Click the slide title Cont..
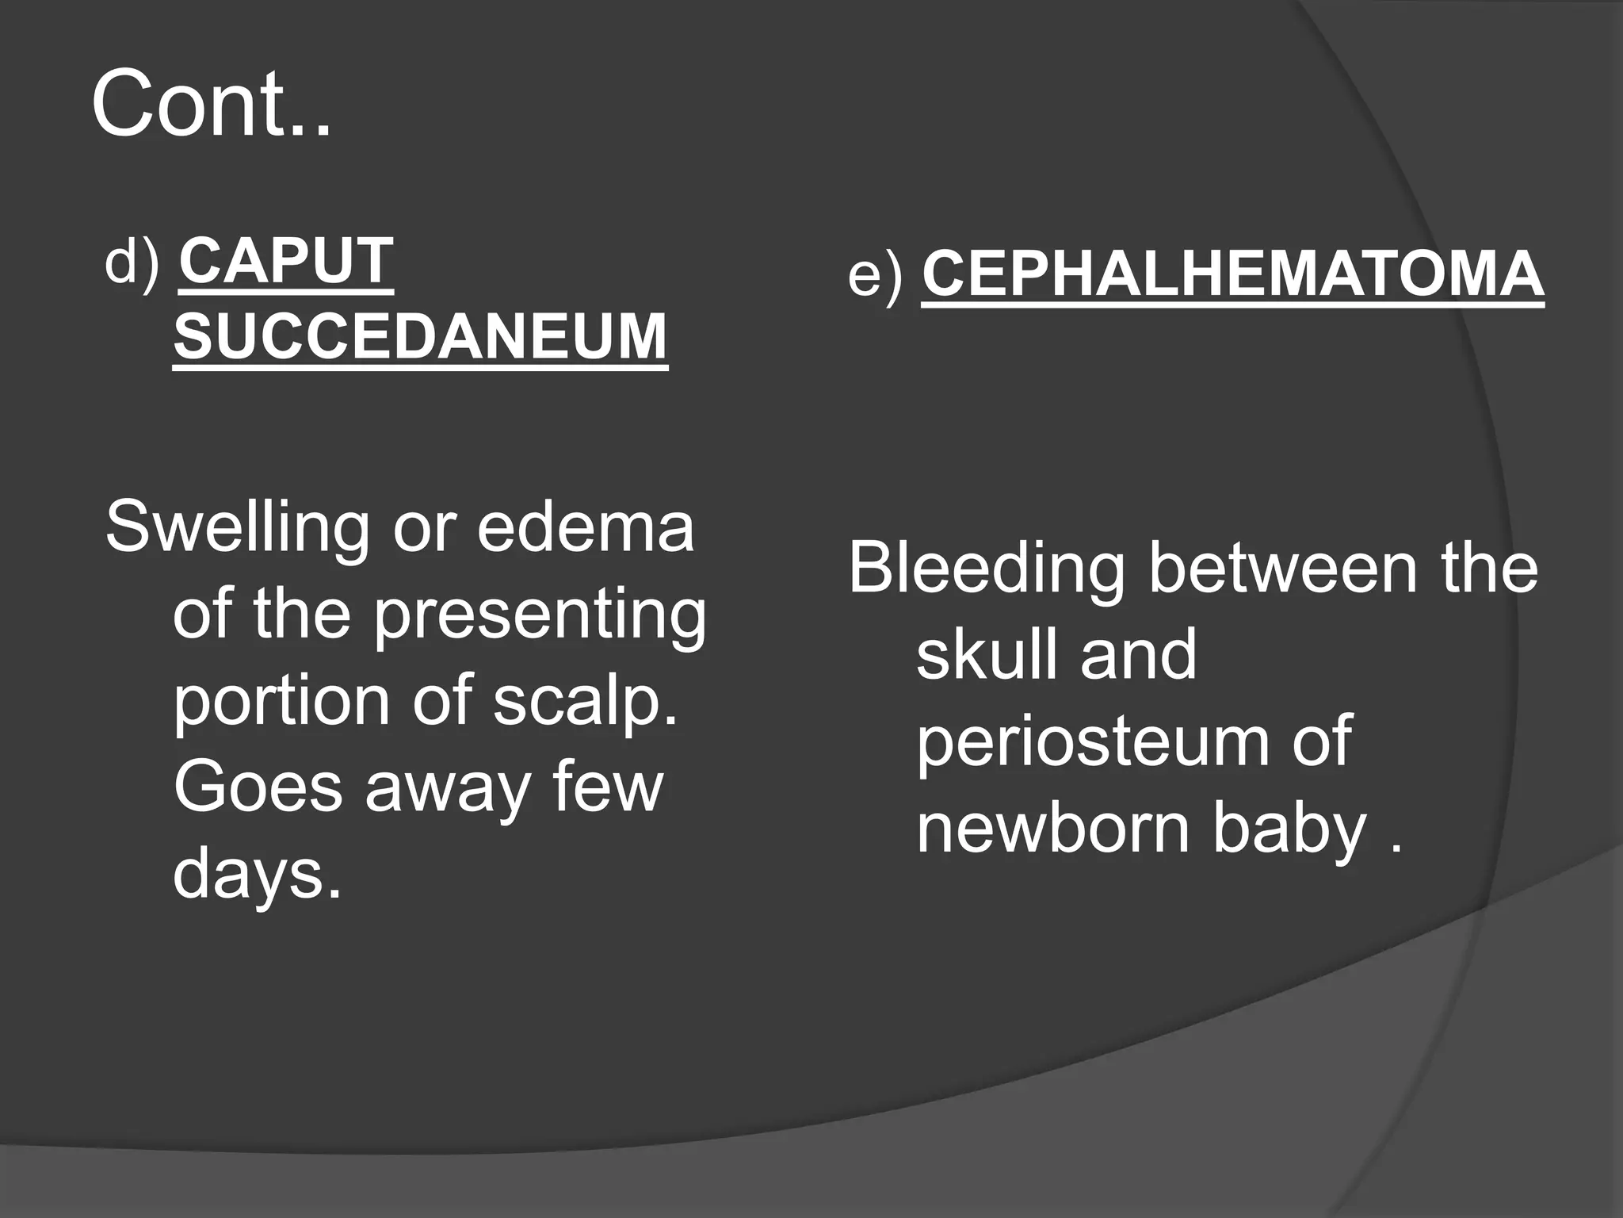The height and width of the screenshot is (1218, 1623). click(211, 104)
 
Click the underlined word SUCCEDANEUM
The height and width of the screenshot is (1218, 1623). click(420, 336)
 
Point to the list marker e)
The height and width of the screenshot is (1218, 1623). click(875, 275)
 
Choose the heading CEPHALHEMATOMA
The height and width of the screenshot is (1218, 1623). click(1232, 274)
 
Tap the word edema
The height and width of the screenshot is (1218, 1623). click(586, 527)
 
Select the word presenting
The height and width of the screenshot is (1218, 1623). click(540, 616)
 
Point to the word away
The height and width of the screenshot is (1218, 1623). click(449, 789)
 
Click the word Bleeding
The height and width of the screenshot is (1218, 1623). click(987, 569)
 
